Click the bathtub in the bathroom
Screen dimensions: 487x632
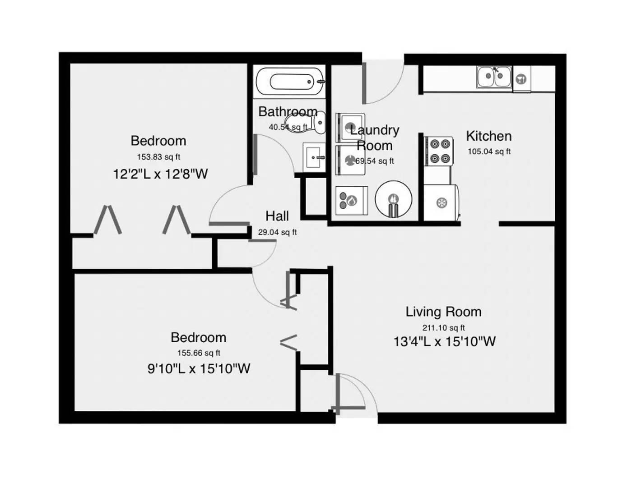point(289,82)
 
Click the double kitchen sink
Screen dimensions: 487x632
point(494,77)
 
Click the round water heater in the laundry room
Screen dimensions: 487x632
point(393,199)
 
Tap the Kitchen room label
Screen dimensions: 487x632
point(488,136)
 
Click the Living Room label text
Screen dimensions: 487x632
point(443,312)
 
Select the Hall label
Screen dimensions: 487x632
point(277,216)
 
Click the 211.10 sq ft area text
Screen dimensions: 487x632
point(443,328)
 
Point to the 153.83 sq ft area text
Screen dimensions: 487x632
point(158,157)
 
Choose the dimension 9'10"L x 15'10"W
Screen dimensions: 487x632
point(199,368)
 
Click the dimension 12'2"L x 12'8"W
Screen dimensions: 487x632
point(160,174)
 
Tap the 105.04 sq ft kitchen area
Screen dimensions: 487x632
point(489,152)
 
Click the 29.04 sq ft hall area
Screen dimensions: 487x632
point(277,232)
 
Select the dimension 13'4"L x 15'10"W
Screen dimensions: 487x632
point(444,341)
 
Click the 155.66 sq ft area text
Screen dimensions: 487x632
point(199,353)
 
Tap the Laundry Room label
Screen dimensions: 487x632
point(375,138)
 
